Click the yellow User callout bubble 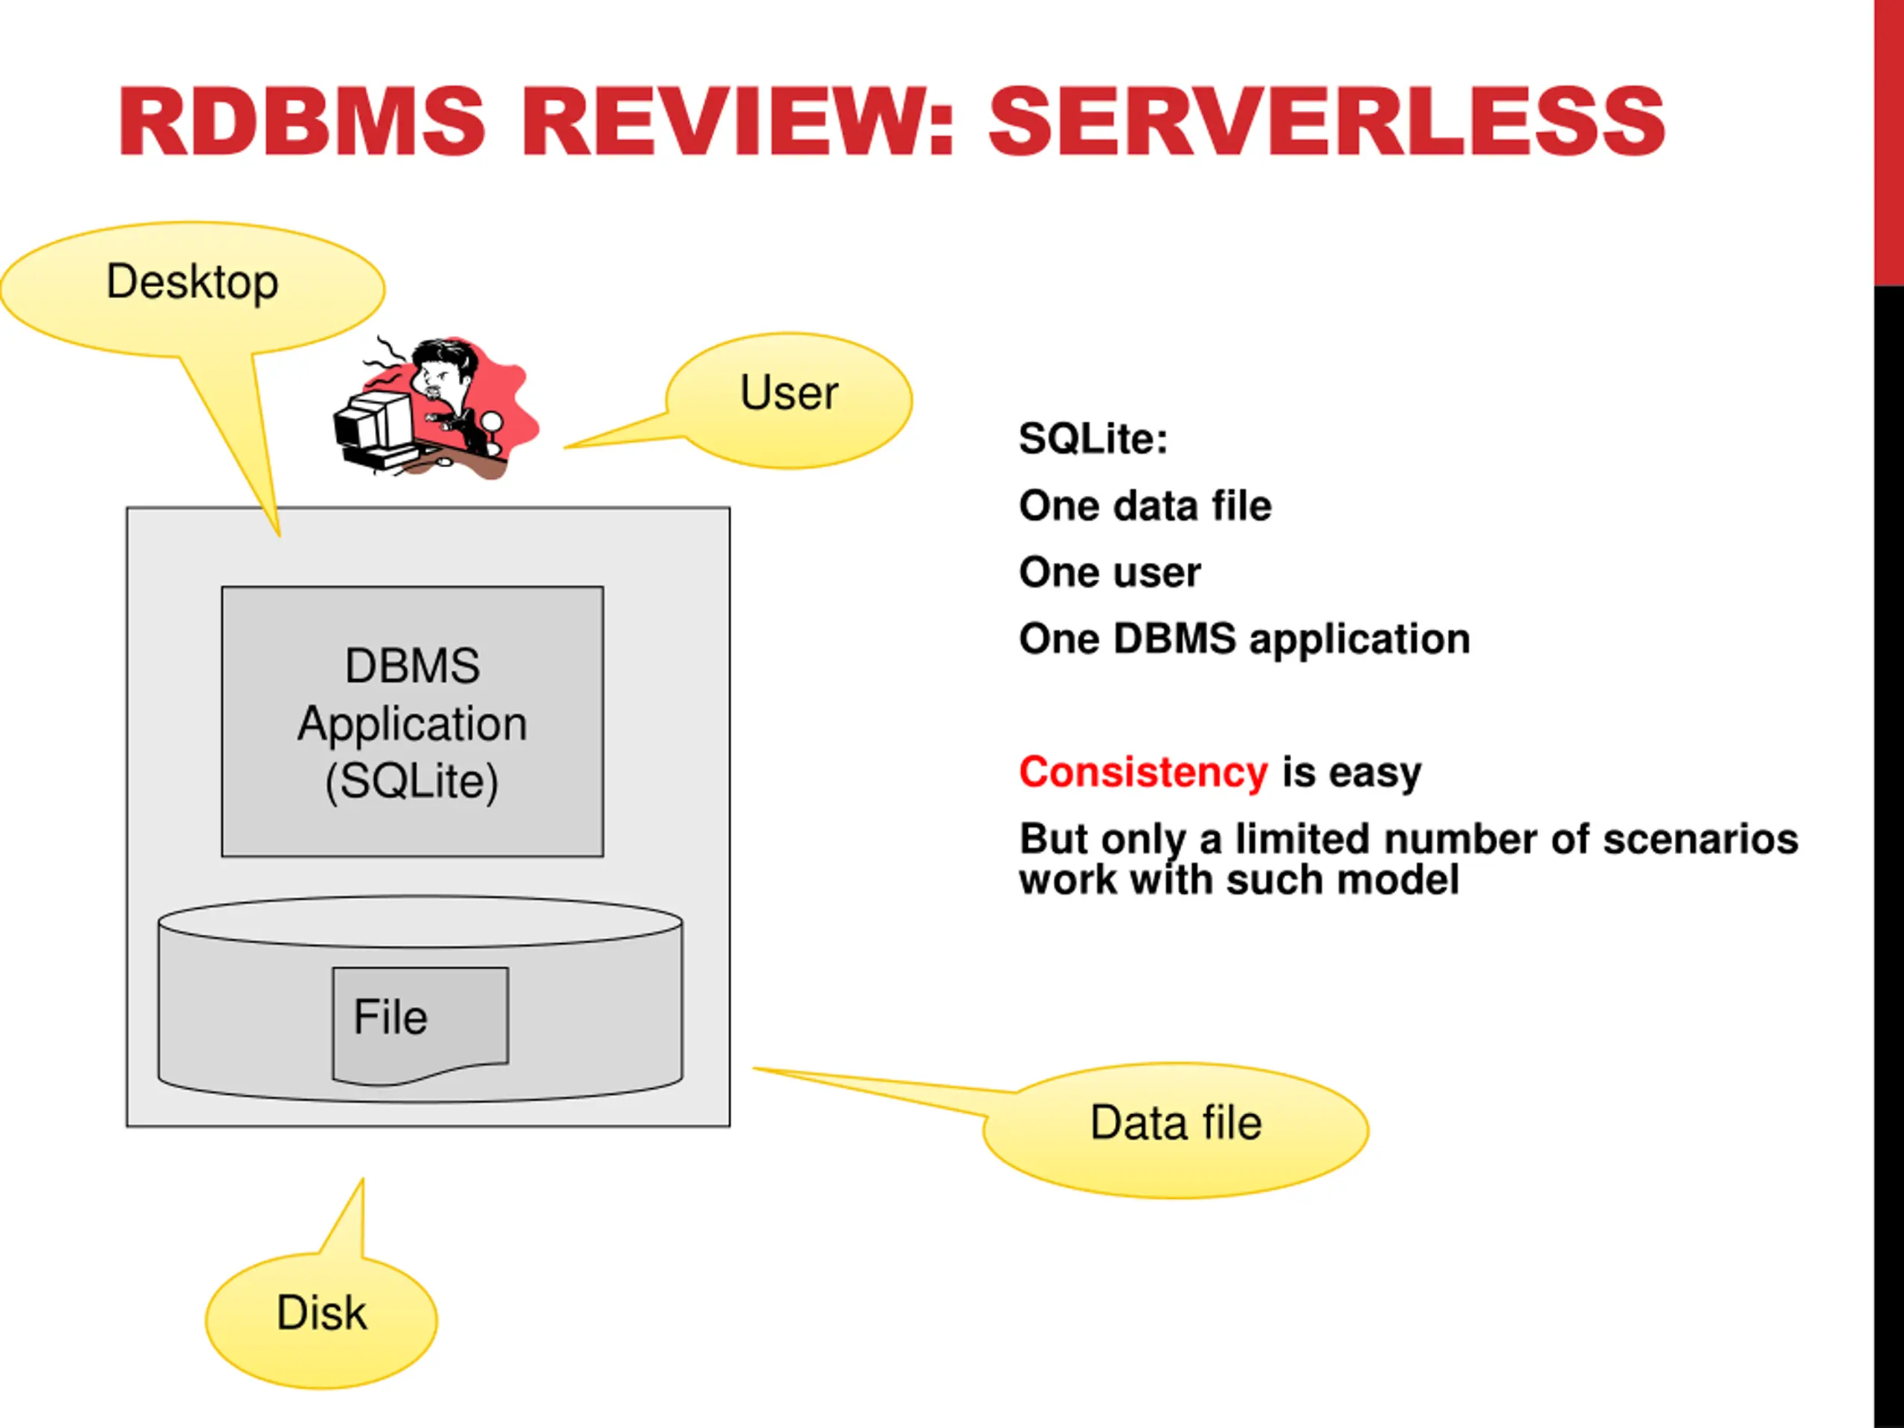point(788,401)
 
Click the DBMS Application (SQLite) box point(412,721)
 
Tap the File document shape point(420,1024)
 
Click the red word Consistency point(1143,772)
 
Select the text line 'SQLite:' point(1093,439)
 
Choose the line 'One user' point(1110,573)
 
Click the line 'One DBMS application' point(1244,640)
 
